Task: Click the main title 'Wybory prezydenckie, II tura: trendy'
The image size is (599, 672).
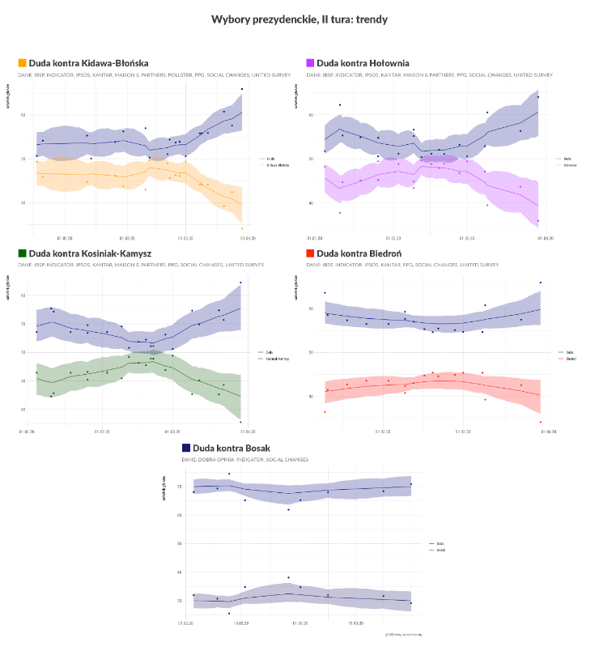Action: click(x=299, y=19)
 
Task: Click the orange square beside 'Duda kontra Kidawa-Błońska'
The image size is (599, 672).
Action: click(x=22, y=62)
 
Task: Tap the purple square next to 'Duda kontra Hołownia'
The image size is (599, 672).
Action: click(x=310, y=62)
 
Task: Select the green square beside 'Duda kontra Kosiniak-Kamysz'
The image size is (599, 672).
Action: click(x=22, y=253)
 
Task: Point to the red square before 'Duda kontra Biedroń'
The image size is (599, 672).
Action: click(x=310, y=253)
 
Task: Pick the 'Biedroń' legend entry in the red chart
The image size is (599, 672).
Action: click(x=571, y=357)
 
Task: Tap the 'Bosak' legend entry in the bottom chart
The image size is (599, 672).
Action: click(x=441, y=550)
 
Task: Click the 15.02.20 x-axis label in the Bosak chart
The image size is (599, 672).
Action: click(x=241, y=623)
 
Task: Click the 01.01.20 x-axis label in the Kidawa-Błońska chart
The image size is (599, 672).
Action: click(x=65, y=239)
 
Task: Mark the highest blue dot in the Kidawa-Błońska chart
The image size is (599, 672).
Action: click(x=241, y=89)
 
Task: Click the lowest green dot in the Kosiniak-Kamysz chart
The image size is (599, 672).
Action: click(x=240, y=422)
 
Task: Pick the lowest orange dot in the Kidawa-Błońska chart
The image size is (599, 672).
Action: click(x=242, y=228)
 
